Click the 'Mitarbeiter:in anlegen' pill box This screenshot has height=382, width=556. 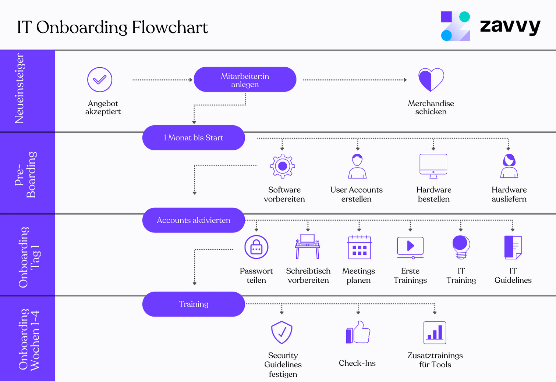click(245, 79)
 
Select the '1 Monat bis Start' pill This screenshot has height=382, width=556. click(194, 138)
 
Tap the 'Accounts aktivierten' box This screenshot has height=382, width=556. click(194, 220)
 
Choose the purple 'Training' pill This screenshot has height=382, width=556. click(194, 304)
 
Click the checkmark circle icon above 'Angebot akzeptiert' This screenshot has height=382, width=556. click(100, 79)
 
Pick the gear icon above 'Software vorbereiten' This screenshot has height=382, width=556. click(283, 166)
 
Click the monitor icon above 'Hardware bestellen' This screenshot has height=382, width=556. click(433, 166)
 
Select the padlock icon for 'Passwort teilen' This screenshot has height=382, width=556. click(256, 247)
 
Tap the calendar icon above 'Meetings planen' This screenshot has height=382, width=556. click(359, 247)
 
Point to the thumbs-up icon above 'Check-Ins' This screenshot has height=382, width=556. click(358, 332)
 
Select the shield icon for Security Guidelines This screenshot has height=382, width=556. click(282, 332)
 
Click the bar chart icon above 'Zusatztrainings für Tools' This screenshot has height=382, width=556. click(435, 333)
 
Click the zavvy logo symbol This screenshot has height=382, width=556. click(456, 26)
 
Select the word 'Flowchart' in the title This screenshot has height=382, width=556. click(170, 28)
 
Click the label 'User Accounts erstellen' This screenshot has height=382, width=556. click(356, 194)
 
